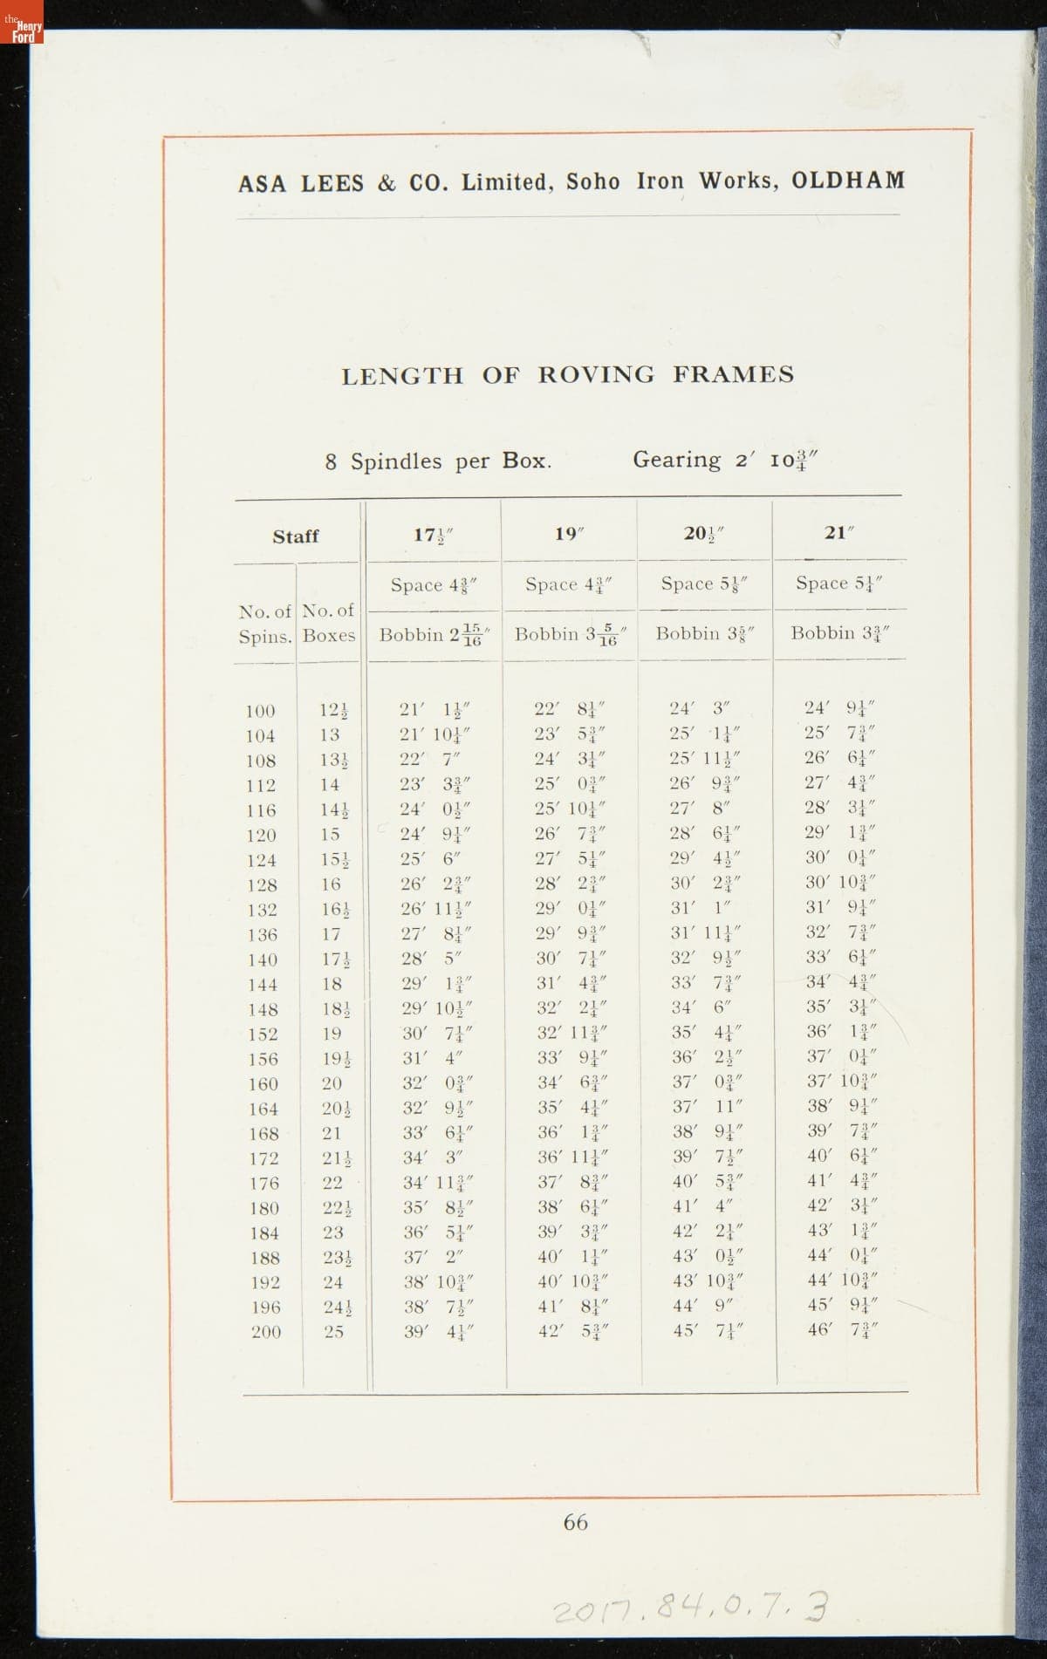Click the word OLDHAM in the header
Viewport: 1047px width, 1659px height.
click(x=848, y=181)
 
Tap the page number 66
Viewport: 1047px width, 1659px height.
click(x=575, y=1522)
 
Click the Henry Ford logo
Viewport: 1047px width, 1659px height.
click(x=22, y=32)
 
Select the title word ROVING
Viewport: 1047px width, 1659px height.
click(x=595, y=375)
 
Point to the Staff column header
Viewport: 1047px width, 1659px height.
click(x=296, y=536)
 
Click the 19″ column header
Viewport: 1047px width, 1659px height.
click(x=568, y=534)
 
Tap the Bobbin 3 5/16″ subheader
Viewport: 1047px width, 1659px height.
click(x=568, y=634)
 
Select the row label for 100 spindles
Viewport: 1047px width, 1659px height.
click(x=260, y=711)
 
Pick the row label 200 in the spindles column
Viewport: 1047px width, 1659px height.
click(x=266, y=1332)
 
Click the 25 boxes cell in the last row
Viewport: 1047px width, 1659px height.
click(x=333, y=1332)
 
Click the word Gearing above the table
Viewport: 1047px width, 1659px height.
click(x=677, y=460)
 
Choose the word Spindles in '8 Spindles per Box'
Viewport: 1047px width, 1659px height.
click(x=396, y=461)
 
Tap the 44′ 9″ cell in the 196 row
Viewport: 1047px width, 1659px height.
click(x=704, y=1307)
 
